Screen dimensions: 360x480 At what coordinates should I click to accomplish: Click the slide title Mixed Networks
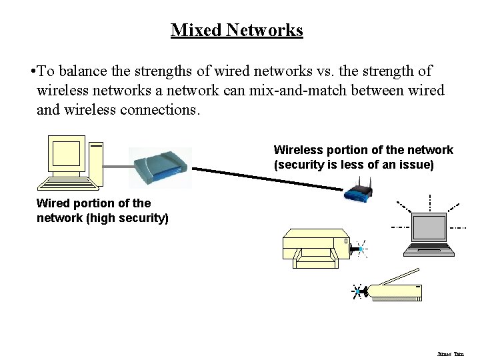pyautogui.click(x=237, y=30)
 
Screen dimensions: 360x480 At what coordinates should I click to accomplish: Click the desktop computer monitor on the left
pyautogui.click(x=67, y=155)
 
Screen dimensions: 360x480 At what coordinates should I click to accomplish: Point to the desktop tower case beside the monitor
pyautogui.click(x=97, y=163)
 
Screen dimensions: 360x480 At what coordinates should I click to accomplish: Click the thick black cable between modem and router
pyautogui.click(x=267, y=176)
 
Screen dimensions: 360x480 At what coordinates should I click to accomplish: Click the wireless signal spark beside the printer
pyautogui.click(x=361, y=249)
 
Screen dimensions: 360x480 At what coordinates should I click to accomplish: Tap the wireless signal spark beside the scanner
pyautogui.click(x=359, y=291)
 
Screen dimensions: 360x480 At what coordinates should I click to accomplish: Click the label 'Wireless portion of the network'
pyautogui.click(x=363, y=150)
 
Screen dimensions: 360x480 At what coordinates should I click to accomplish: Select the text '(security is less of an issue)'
pyautogui.click(x=353, y=165)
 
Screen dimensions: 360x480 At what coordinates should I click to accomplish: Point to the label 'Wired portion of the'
pyautogui.click(x=93, y=203)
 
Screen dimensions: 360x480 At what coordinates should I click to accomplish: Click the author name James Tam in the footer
pyautogui.click(x=450, y=354)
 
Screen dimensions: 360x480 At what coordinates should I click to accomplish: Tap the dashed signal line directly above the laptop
pyautogui.click(x=430, y=201)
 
